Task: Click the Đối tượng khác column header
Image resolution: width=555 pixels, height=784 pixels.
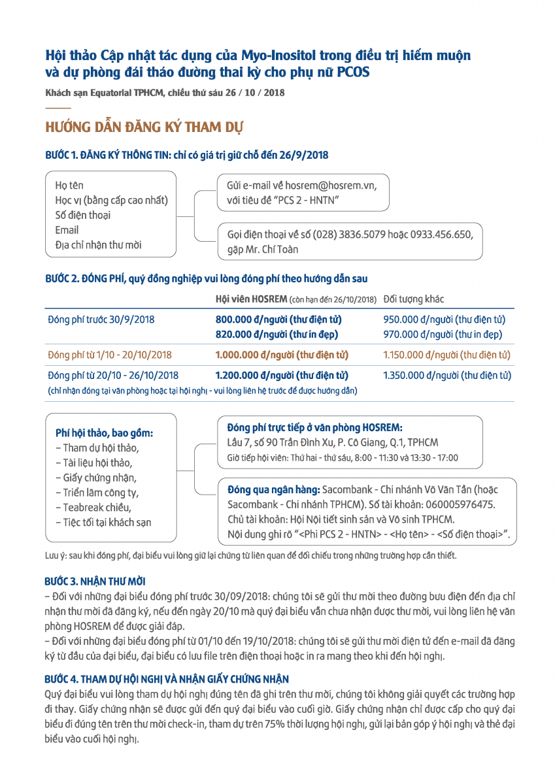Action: coord(413,299)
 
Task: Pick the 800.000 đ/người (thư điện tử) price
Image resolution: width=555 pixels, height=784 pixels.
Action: coord(278,320)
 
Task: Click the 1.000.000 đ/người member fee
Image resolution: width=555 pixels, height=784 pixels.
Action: coord(282,355)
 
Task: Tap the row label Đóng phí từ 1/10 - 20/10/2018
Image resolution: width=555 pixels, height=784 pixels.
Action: coord(110,355)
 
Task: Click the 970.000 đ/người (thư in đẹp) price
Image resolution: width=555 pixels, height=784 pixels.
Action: coord(443,335)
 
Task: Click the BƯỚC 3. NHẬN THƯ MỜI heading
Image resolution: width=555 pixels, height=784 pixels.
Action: coord(95,581)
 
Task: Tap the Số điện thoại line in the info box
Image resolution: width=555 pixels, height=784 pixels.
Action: coord(82,215)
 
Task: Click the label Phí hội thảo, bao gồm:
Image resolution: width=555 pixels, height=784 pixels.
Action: coord(105,433)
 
